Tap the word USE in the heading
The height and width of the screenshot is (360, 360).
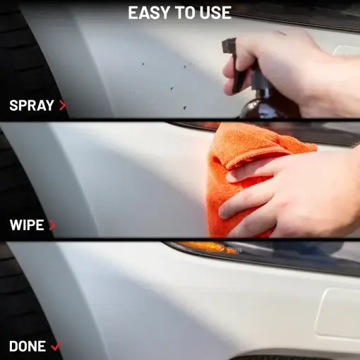(215, 13)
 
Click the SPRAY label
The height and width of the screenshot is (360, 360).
(32, 106)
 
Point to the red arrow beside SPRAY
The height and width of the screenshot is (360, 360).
(63, 106)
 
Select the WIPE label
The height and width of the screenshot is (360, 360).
(27, 226)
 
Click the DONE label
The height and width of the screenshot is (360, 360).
(28, 347)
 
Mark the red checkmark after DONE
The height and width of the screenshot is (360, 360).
(56, 347)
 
